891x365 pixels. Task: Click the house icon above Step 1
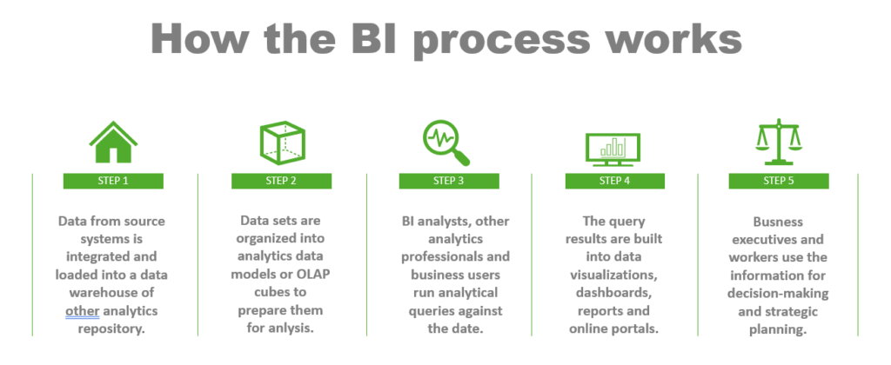113,143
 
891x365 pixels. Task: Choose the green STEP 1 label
113,182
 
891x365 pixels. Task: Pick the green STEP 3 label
448,182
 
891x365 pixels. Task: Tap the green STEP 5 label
777,182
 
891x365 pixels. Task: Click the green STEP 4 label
614,182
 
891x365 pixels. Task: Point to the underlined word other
84,310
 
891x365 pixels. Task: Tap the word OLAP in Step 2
314,275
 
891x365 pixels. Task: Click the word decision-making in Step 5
777,293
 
